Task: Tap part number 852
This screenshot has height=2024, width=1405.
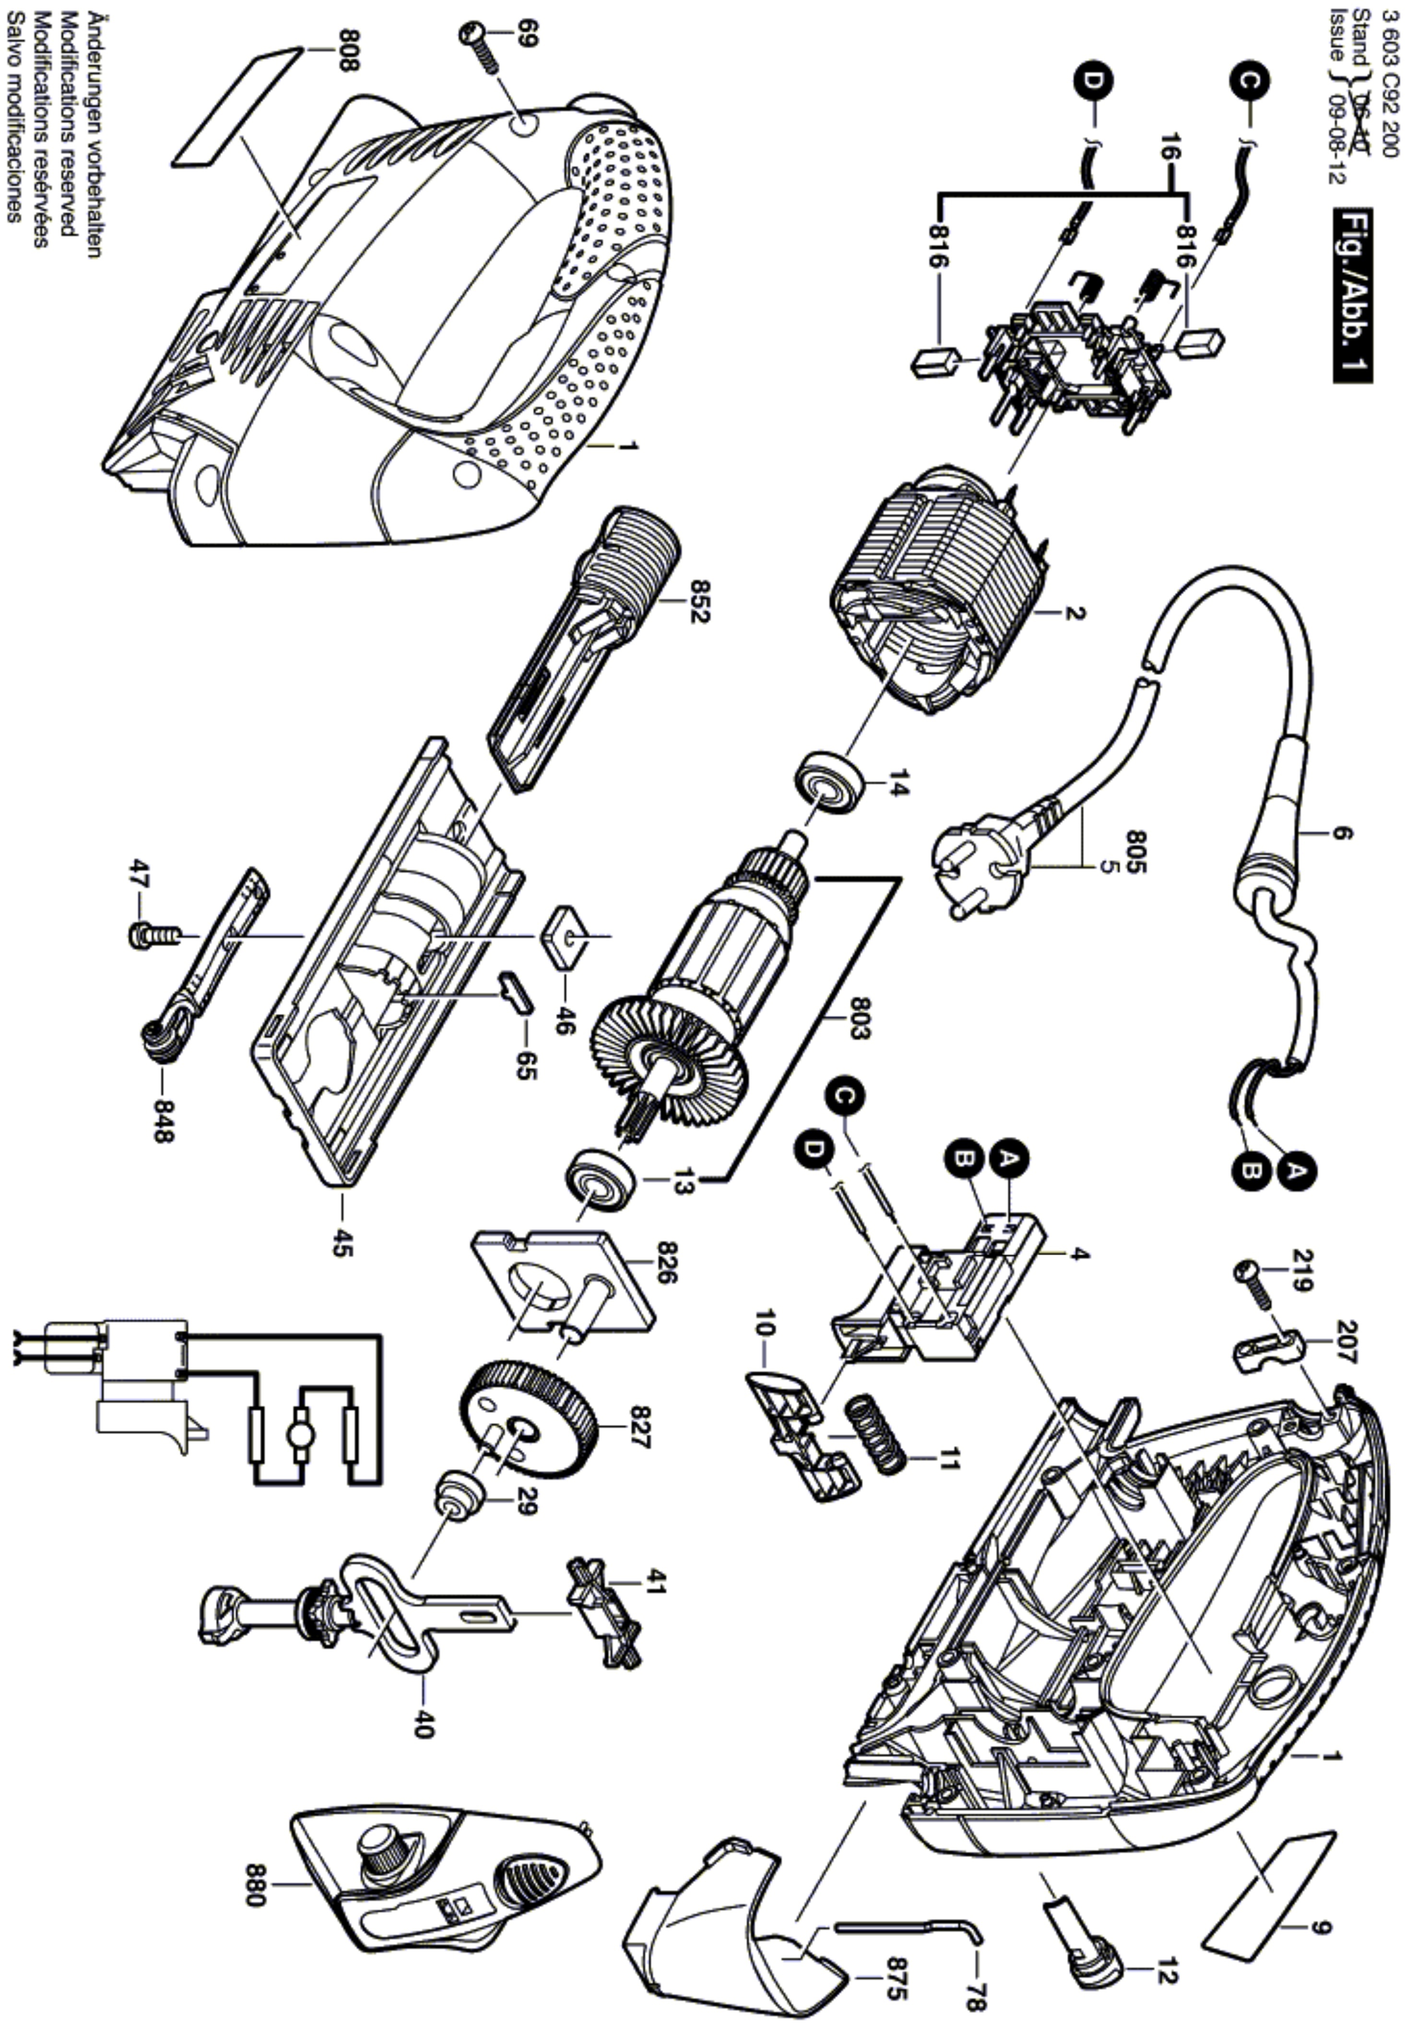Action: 700,601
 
